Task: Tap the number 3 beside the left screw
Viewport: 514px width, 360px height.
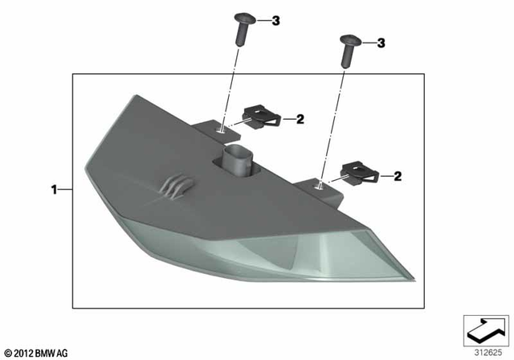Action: [x=275, y=20]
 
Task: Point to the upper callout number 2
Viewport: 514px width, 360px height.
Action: [x=300, y=120]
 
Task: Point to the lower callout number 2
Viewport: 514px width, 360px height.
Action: [x=398, y=174]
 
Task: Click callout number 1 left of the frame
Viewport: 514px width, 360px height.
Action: [x=54, y=190]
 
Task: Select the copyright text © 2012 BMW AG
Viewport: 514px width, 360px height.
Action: [x=38, y=352]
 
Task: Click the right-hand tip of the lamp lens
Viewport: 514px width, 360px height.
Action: [x=414, y=279]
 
